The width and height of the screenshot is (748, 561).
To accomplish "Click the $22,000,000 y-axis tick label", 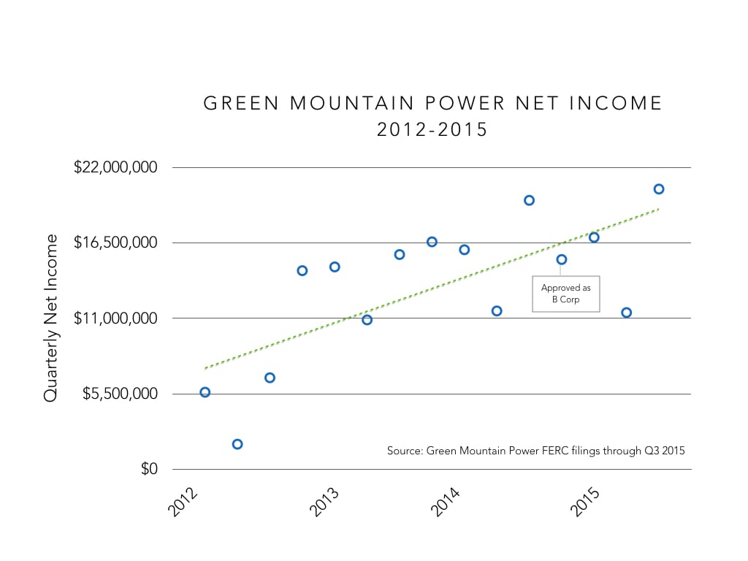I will pyautogui.click(x=115, y=167).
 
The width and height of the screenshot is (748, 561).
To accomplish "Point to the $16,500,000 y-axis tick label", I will pyautogui.click(x=115, y=243).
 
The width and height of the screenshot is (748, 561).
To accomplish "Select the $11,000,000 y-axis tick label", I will pyautogui.click(x=115, y=318).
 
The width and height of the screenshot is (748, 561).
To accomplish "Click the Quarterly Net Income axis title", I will pyautogui.click(x=50, y=318).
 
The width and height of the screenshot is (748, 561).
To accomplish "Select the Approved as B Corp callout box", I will pyautogui.click(x=565, y=294).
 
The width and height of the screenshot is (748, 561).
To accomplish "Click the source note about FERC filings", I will pyautogui.click(x=535, y=451).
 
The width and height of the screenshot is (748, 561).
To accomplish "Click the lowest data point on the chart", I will pyautogui.click(x=237, y=444).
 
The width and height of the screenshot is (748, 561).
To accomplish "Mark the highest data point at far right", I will pyautogui.click(x=659, y=189).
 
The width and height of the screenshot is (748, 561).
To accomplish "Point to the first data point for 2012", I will pyautogui.click(x=205, y=392).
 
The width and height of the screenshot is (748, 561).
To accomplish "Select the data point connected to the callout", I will pyautogui.click(x=562, y=259).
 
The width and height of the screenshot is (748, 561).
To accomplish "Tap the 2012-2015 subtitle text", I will pyautogui.click(x=432, y=131).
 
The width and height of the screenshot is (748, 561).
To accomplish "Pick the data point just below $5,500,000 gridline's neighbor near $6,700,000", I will pyautogui.click(x=270, y=378).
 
